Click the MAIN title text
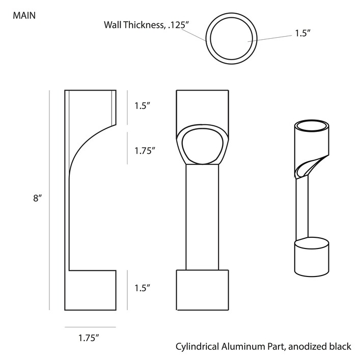coord(24,16)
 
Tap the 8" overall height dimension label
coord(37,198)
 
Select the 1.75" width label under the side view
coord(89,338)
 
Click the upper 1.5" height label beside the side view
coord(142,106)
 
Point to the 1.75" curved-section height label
coord(145,151)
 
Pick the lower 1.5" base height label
coord(142,288)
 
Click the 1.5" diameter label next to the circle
coord(302,33)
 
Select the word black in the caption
coord(341,346)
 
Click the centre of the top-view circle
coord(231,39)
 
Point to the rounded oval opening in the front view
coord(202,147)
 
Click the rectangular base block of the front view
coord(202,290)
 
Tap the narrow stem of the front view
coord(202,217)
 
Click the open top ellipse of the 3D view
coord(312,126)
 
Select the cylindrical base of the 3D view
coord(312,257)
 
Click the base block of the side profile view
coord(91,290)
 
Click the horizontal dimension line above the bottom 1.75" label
coord(90,327)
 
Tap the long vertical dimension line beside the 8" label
coord(49,200)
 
